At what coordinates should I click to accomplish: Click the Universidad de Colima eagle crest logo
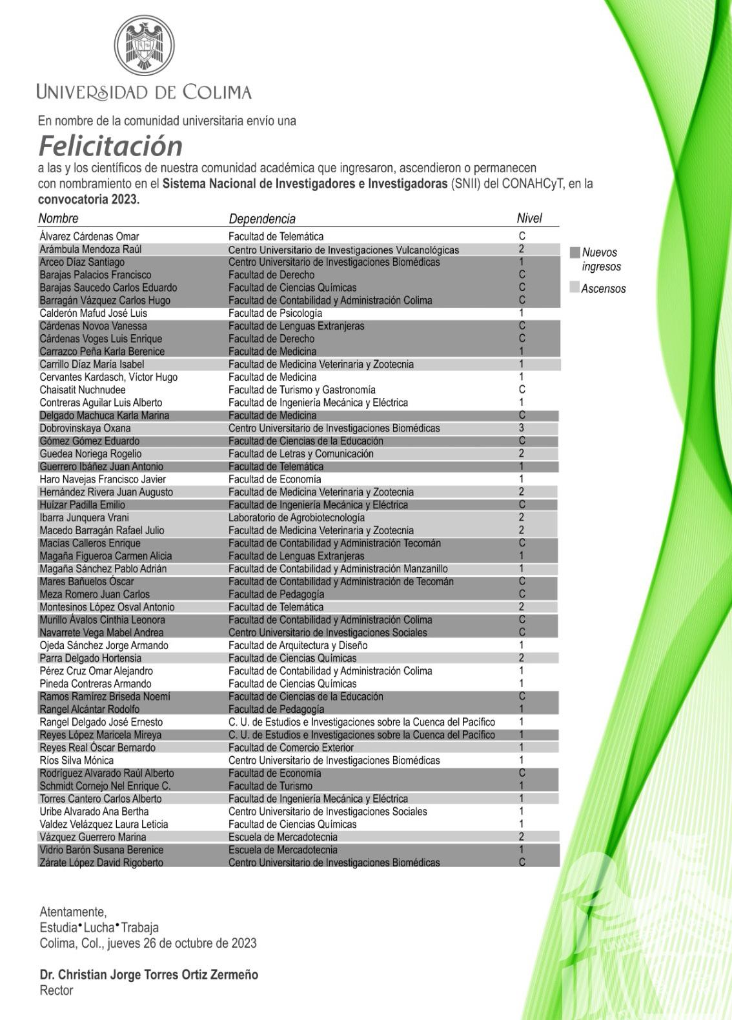click(145, 46)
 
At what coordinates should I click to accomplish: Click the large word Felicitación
click(110, 146)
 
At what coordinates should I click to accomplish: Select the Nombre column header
click(58, 218)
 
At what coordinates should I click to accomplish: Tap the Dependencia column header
click(262, 219)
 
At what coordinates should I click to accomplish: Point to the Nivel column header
click(529, 218)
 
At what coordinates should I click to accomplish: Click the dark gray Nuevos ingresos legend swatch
click(574, 252)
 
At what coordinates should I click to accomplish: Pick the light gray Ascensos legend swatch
click(574, 288)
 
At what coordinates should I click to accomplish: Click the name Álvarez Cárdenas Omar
click(89, 236)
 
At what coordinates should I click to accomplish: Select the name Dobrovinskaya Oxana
click(85, 428)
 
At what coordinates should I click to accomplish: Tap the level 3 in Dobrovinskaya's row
click(522, 428)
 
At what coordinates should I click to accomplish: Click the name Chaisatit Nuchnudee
click(83, 390)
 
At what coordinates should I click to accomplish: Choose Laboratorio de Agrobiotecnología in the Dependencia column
click(296, 517)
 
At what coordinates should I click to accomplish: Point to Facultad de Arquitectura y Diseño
click(298, 645)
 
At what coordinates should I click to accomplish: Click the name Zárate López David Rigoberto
click(101, 863)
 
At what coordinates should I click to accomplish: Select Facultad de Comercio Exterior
click(291, 748)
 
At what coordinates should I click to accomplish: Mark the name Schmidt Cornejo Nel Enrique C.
click(105, 786)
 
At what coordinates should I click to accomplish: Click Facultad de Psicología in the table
click(275, 313)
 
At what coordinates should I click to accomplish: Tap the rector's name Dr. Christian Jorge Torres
click(149, 974)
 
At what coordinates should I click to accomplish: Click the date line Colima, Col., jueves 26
click(148, 943)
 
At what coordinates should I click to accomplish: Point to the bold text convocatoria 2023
click(88, 199)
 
